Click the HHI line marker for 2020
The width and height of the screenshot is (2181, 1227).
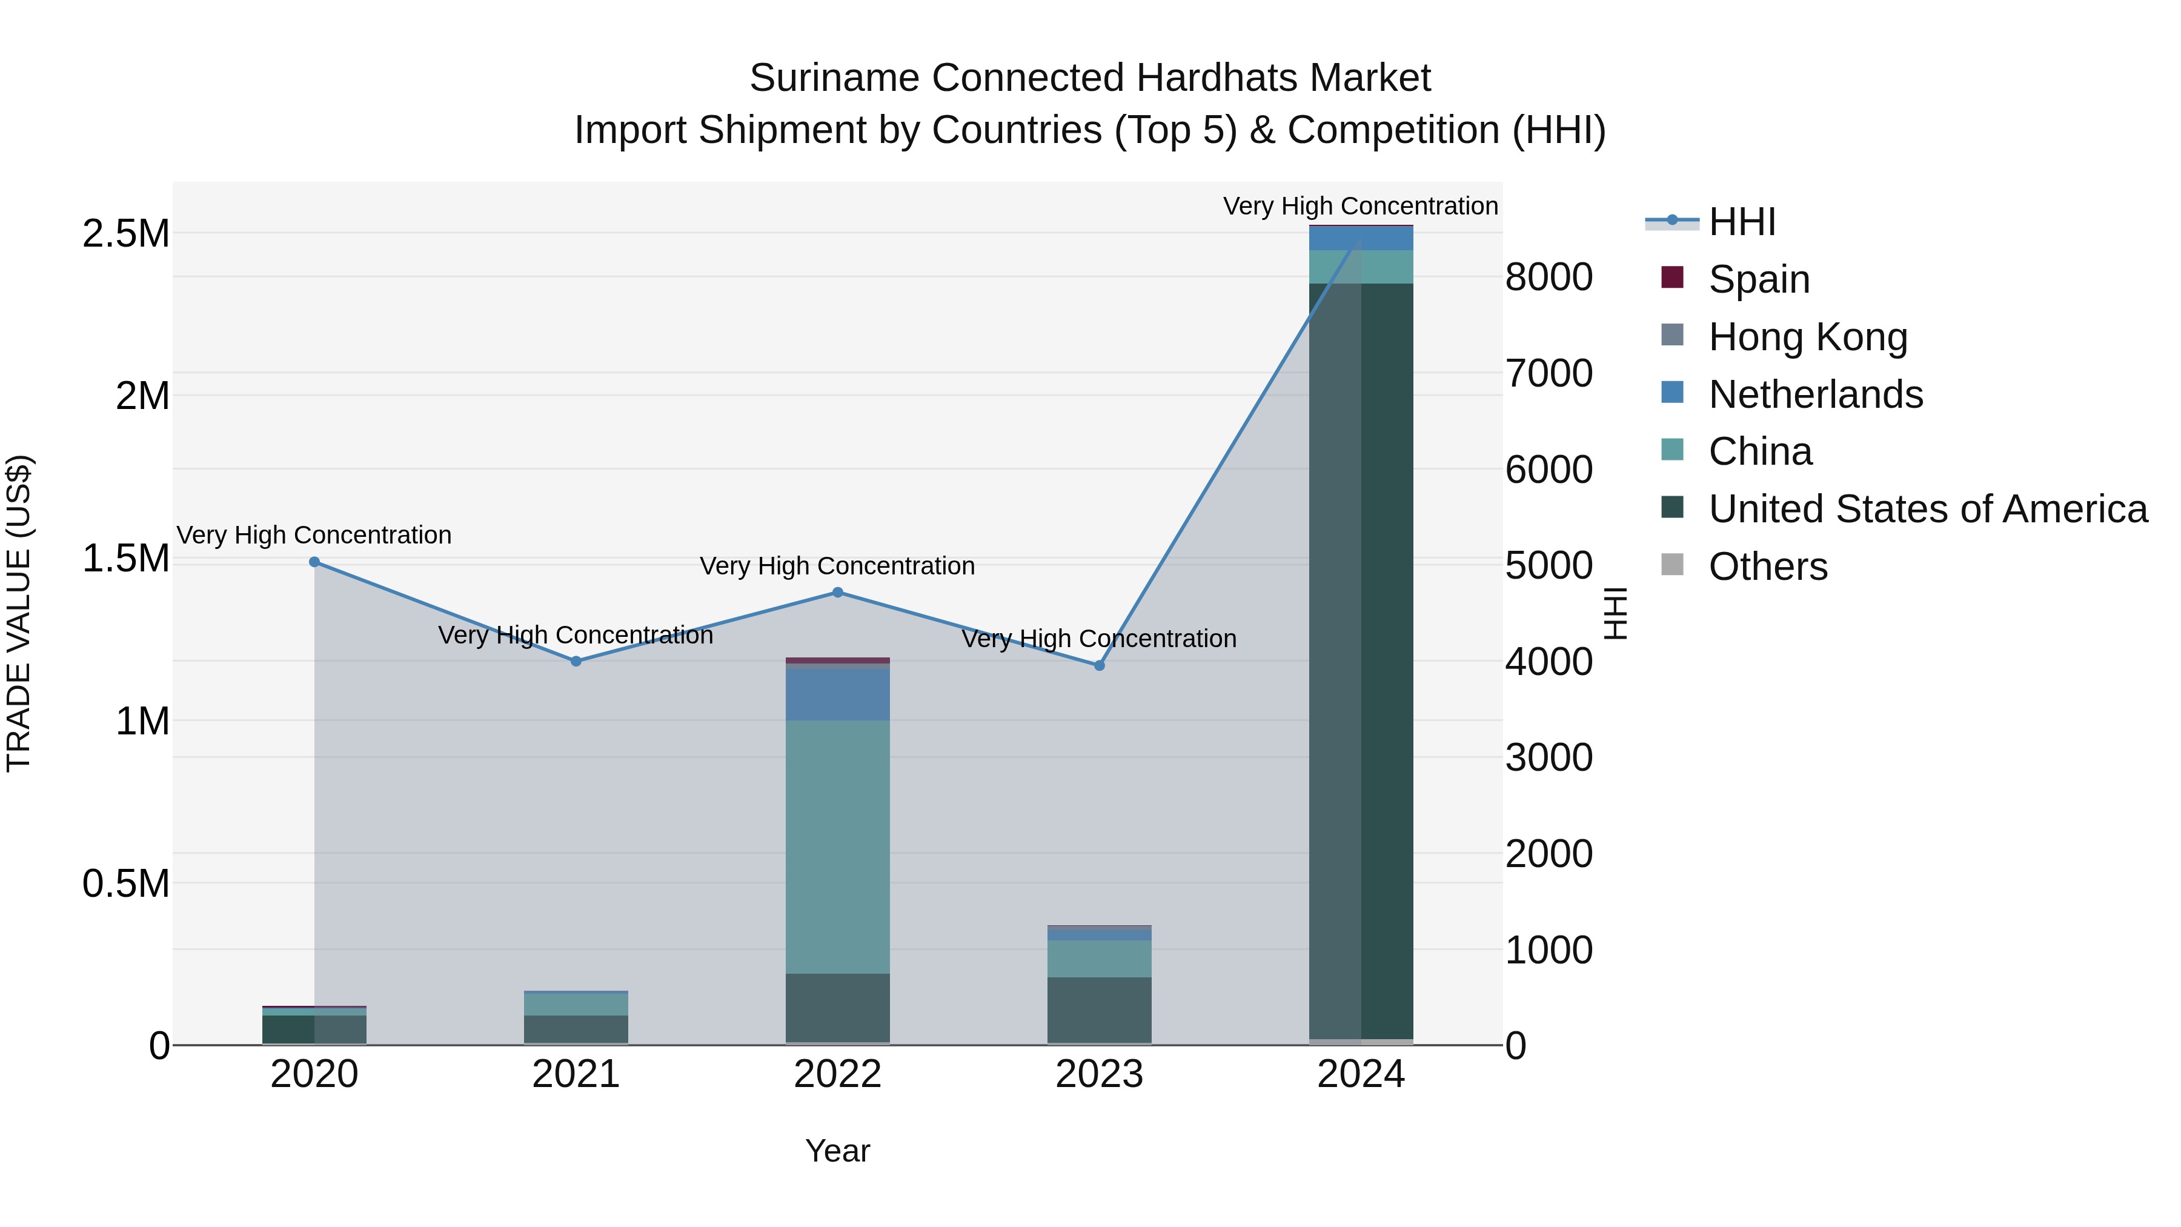(x=314, y=562)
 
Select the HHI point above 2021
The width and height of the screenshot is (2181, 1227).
(x=576, y=661)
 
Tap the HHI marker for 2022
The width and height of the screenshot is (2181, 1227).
(x=837, y=593)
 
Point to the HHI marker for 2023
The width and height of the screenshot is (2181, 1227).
(x=1099, y=665)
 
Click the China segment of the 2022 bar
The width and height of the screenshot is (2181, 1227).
(x=837, y=847)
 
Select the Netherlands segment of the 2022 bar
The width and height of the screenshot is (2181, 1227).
(x=837, y=694)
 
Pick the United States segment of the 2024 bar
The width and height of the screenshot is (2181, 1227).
(x=1361, y=660)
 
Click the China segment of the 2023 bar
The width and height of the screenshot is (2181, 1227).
(x=1099, y=959)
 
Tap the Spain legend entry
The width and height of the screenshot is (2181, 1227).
(x=1759, y=279)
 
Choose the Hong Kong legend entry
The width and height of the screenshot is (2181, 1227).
(x=1808, y=337)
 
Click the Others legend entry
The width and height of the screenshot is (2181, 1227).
(x=1767, y=567)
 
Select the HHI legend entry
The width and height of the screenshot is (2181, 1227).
(x=1742, y=222)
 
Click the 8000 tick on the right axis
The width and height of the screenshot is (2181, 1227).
(x=1549, y=277)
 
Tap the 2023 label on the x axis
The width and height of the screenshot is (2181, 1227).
(x=1099, y=1074)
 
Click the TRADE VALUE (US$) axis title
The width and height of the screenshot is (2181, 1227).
(x=19, y=613)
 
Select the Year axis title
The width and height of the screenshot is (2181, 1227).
(x=837, y=1151)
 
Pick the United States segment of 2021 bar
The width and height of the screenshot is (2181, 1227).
(x=576, y=1029)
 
